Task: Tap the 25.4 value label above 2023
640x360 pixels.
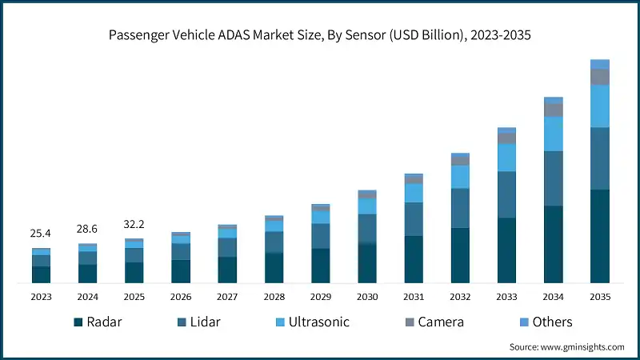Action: coord(41,234)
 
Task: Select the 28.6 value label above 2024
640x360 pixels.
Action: coord(87,229)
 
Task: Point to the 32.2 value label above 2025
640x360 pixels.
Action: coord(134,224)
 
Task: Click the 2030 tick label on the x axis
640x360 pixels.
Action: coord(367,297)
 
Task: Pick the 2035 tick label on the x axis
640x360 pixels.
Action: coord(599,297)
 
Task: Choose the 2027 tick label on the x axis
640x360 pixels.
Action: coord(227,297)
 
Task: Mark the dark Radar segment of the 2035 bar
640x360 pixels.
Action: coord(599,236)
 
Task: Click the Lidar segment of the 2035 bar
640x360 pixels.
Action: coord(599,158)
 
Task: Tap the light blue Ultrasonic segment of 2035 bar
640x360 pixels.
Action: coord(599,106)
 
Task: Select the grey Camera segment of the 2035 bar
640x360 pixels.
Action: coord(599,77)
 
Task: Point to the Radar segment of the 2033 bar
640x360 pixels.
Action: coord(506,250)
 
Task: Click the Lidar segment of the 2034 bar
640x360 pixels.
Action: coord(553,178)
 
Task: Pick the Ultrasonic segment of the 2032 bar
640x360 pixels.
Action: coord(460,177)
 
